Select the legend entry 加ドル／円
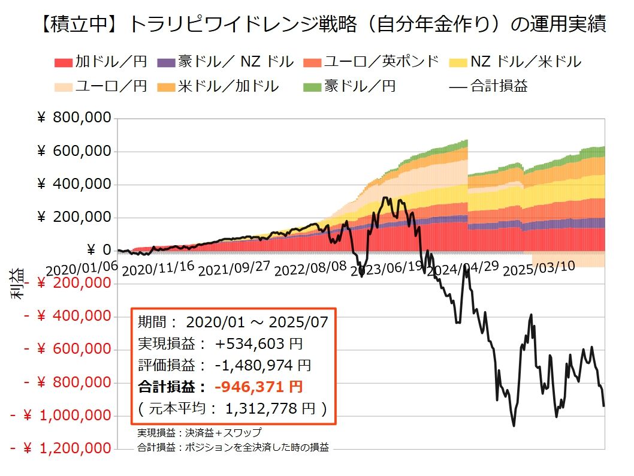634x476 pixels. (x=101, y=61)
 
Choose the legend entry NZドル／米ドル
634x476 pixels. (x=518, y=61)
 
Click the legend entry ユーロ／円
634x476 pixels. (x=101, y=86)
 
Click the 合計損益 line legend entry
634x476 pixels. (x=488, y=86)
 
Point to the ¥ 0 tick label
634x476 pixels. (x=99, y=250)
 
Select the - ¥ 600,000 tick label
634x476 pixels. (x=68, y=349)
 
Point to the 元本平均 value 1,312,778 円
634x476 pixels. (x=270, y=408)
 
